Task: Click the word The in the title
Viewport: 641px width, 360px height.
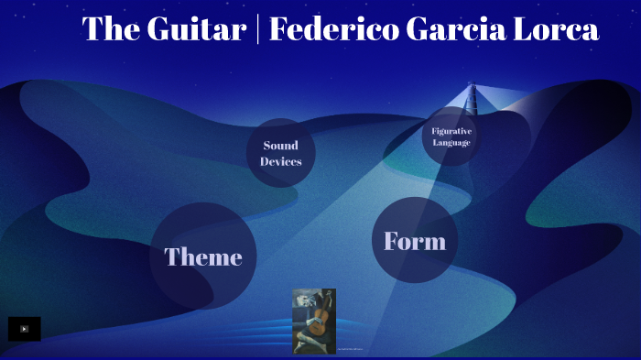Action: click(108, 30)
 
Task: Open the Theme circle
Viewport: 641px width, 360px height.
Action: click(202, 256)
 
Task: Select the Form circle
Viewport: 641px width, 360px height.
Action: click(415, 240)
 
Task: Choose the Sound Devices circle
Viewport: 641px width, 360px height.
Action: click(280, 153)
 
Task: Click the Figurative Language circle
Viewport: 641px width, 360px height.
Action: click(451, 136)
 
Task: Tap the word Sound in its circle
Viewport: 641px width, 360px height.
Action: click(280, 145)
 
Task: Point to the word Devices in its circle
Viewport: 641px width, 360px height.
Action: click(280, 161)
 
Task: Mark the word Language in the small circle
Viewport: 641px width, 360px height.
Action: click(451, 143)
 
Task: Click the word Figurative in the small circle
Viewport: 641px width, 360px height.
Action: click(451, 131)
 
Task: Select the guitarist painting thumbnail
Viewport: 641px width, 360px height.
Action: click(314, 321)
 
